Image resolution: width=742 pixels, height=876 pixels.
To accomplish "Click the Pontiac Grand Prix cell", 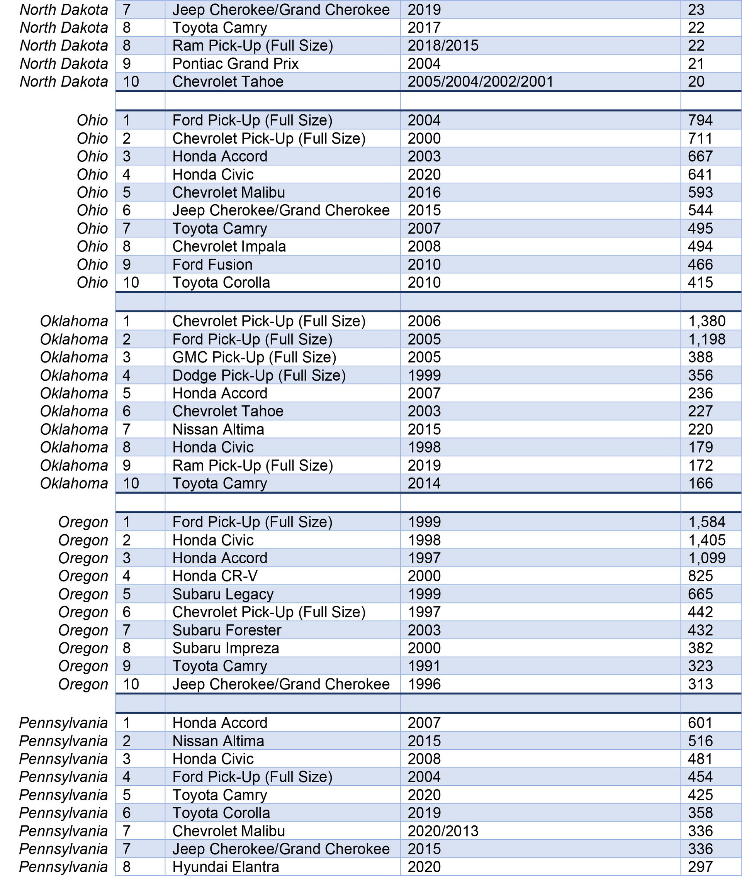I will pos(235,64).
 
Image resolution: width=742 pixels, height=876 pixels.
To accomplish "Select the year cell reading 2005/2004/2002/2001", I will pos(481,81).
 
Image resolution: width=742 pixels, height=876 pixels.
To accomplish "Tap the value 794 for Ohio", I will pos(700,120).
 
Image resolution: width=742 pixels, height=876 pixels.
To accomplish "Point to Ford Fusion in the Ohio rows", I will pos(212,264).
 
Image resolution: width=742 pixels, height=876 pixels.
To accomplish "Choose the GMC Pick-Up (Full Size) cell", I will pos(254,357).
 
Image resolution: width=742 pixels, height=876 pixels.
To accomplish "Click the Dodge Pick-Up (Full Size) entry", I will pos(259,375).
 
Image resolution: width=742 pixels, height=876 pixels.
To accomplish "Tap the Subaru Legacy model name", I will pos(222,594).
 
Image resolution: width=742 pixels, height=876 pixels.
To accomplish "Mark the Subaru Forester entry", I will pos(226,630).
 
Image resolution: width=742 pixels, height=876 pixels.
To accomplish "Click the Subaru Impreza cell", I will pos(226,648).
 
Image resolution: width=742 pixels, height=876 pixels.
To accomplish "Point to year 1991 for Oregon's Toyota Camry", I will pos(424,666).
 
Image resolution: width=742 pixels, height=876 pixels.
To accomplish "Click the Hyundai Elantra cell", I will pos(226,867).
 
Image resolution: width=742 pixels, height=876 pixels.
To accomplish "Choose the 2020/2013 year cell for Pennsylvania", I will pos(443,831).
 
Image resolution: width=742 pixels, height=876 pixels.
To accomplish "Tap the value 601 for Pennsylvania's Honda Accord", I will pos(700,723).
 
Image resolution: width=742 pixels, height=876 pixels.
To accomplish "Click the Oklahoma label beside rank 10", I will pos(74,483).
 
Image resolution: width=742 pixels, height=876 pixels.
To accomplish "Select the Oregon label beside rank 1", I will pos(83,522).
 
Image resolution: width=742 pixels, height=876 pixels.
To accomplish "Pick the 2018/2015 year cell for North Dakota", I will pos(443,46).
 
